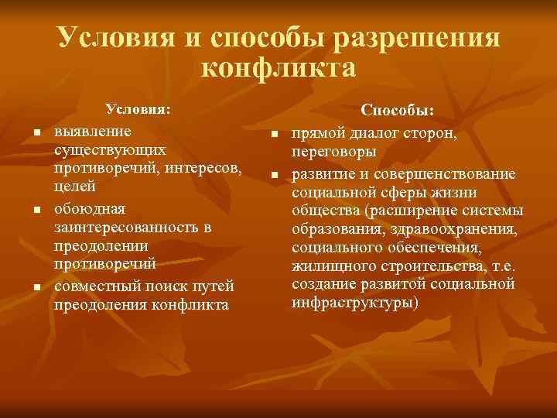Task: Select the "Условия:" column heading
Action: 138,109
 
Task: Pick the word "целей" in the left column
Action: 75,187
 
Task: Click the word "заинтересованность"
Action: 125,227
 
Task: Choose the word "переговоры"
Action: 335,152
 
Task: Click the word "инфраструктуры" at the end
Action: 354,302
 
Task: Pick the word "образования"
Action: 338,228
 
